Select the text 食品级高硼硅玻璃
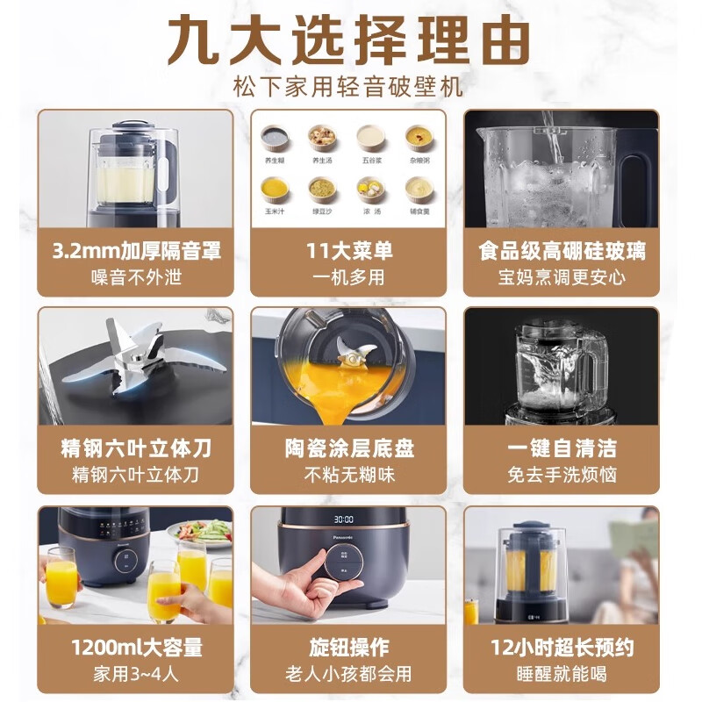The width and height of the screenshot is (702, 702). [562, 252]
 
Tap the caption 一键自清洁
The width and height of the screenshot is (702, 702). [562, 449]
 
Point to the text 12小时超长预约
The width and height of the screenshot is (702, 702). [562, 648]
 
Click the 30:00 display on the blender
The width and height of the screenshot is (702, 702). [344, 519]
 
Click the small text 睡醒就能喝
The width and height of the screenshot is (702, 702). [562, 674]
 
